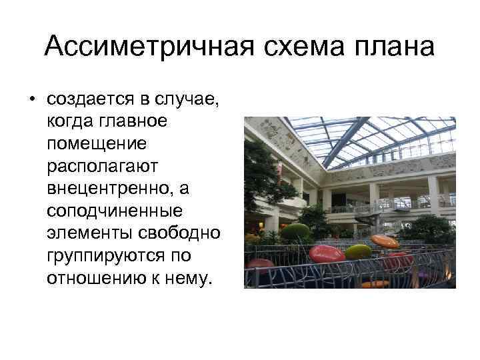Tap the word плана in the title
397,47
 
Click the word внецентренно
107,189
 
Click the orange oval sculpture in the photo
385,241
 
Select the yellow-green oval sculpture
358,252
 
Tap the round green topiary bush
296,233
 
